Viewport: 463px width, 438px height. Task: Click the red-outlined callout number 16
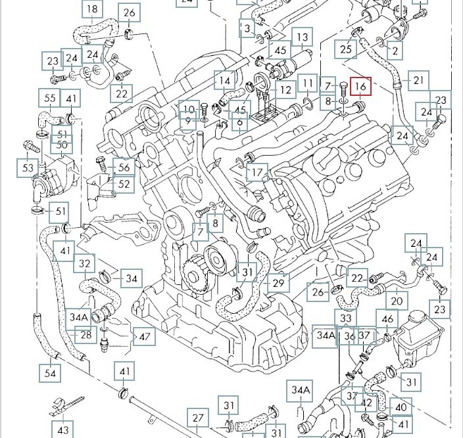(360, 86)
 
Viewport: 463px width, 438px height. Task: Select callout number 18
(93, 9)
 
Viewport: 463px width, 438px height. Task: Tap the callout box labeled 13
(302, 38)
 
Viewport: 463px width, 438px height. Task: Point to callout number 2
(395, 50)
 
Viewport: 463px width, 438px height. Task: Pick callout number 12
(285, 90)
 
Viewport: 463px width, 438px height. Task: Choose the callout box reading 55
(50, 99)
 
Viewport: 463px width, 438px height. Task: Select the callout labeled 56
(124, 167)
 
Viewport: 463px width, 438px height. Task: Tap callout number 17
(258, 173)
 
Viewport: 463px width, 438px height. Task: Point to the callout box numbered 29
(279, 282)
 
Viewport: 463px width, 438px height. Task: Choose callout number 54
(51, 374)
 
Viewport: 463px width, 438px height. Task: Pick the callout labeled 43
(62, 430)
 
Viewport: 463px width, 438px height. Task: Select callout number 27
(199, 418)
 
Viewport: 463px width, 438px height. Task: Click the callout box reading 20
(396, 301)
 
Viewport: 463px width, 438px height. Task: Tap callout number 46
(388, 320)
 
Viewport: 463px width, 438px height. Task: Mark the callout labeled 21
(418, 81)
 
